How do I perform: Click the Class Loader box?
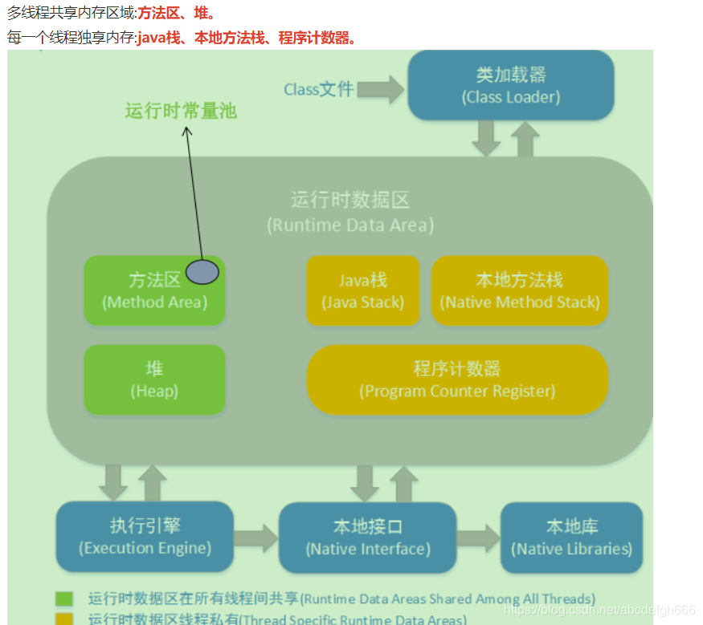coord(511,85)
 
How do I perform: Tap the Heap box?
coord(154,379)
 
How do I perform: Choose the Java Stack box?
coord(362,290)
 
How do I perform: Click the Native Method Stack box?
coord(520,290)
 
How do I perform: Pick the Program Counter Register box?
coord(457,379)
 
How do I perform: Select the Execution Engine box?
coord(145,537)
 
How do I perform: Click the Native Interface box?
coord(368,538)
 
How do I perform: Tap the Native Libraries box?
coord(571,538)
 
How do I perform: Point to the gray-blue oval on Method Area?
coord(202,272)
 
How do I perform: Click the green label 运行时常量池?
coord(181,111)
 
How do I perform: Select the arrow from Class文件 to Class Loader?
coord(382,89)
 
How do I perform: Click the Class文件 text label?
coord(318,90)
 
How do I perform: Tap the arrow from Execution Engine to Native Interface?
coord(255,538)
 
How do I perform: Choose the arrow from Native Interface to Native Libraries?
coord(479,538)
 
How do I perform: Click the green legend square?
coord(64,599)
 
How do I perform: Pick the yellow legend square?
coord(64,619)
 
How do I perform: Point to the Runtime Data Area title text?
coord(350,212)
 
